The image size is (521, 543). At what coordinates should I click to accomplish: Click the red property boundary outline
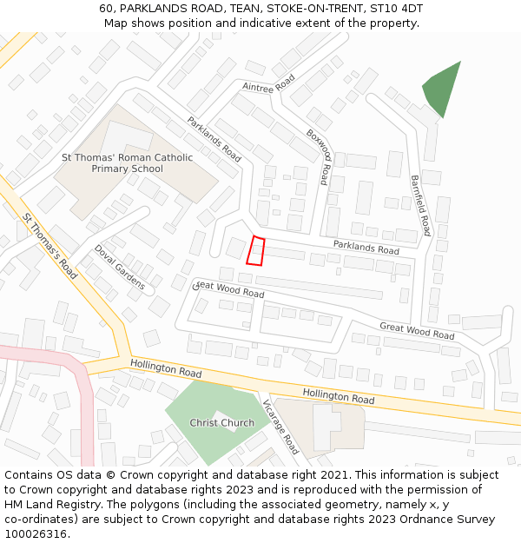coord(255,251)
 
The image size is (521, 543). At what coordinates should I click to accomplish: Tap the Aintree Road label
coord(269,83)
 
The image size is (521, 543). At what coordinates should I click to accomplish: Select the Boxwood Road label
coord(318,156)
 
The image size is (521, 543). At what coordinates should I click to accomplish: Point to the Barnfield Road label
coord(420,205)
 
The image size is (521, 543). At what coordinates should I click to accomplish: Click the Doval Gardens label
coord(120,266)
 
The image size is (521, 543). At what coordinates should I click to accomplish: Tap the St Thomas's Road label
coord(50,246)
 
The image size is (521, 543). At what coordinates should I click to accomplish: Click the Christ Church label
coord(222,423)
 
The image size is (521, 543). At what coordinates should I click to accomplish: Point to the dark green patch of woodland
coord(442,88)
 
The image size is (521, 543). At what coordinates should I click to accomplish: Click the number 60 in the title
coord(106,8)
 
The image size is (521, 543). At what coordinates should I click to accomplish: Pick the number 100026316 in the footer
coord(36,533)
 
